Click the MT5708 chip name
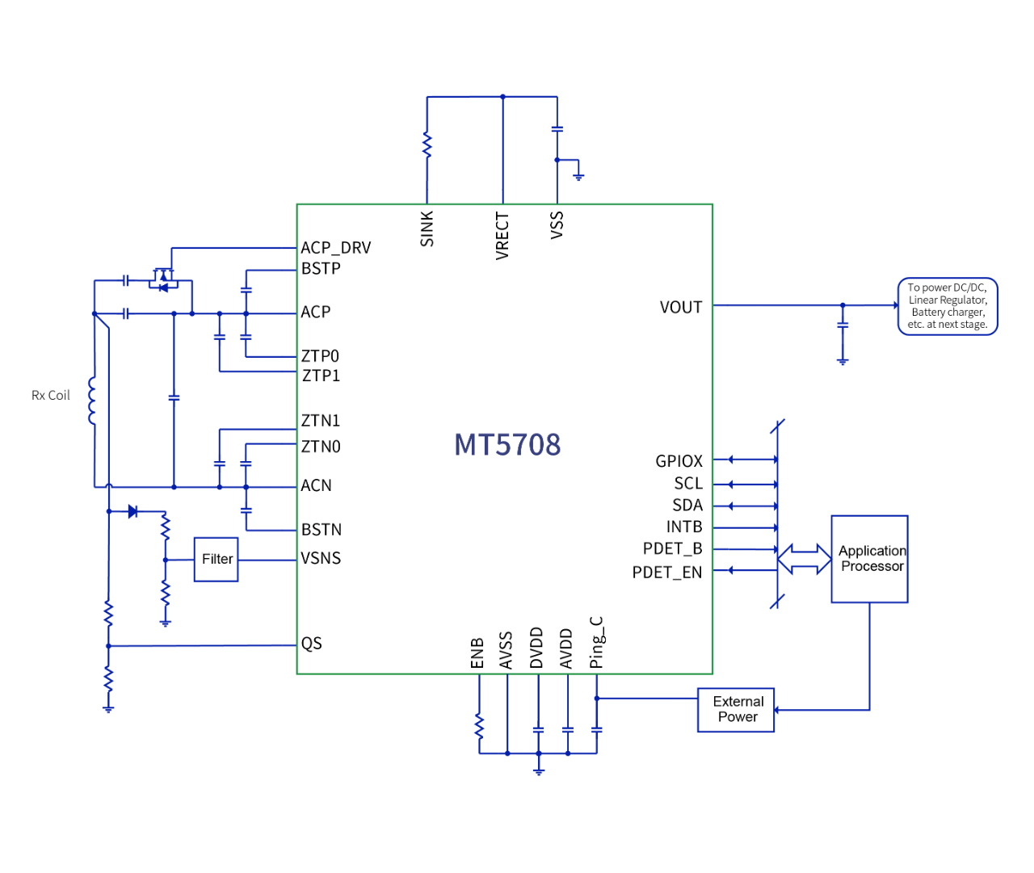coord(507,445)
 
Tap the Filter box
coord(216,559)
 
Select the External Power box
coord(736,710)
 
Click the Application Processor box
coord(870,559)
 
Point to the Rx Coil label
coord(50,396)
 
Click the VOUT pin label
coord(681,308)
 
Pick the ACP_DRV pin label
coord(336,248)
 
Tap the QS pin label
coord(312,644)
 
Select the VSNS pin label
coord(321,558)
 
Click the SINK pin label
coord(427,229)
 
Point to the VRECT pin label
coord(502,236)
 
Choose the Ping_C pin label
coord(596,643)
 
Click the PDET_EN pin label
coord(667,573)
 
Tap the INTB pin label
coord(684,527)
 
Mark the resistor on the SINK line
coord(427,146)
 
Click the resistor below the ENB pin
coord(479,726)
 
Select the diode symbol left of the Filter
coord(132,511)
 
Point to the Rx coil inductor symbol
coord(92,400)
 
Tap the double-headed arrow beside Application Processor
coord(805,559)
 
